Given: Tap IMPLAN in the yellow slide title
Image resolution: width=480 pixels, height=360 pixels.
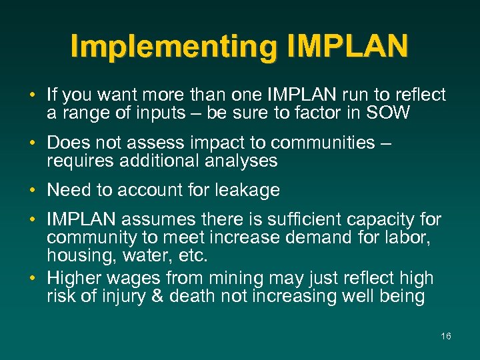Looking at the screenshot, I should click(348, 47).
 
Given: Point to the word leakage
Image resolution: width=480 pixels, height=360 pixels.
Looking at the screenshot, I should click(247, 191).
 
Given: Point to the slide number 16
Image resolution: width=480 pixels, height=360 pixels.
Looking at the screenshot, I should click(446, 336).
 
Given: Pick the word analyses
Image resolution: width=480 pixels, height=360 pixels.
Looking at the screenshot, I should click(245, 161).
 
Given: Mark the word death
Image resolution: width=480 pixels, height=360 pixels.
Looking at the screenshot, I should click(192, 297).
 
